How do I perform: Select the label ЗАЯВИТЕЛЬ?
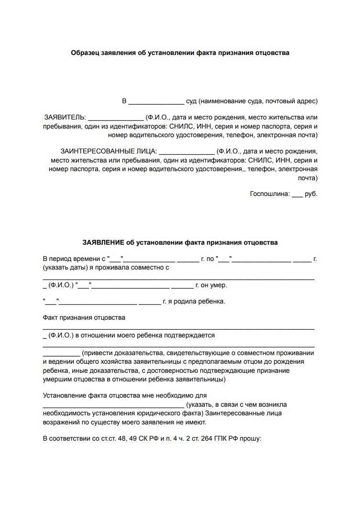pyautogui.click(x=65, y=117)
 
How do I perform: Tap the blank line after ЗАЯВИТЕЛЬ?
pyautogui.click(x=116, y=118)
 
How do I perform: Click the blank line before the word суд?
pyautogui.click(x=156, y=102)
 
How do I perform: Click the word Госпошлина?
pyautogui.click(x=269, y=194)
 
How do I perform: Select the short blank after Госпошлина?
pyautogui.click(x=297, y=195)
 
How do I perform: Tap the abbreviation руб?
pyautogui.click(x=311, y=194)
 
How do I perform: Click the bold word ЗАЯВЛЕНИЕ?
pyautogui.click(x=103, y=242)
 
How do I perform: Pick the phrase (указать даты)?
pyautogui.click(x=64, y=268)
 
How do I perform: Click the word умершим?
pyautogui.click(x=59, y=380)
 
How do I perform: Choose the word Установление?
pyautogui.click(x=64, y=396)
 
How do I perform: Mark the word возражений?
pyautogui.click(x=61, y=422)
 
